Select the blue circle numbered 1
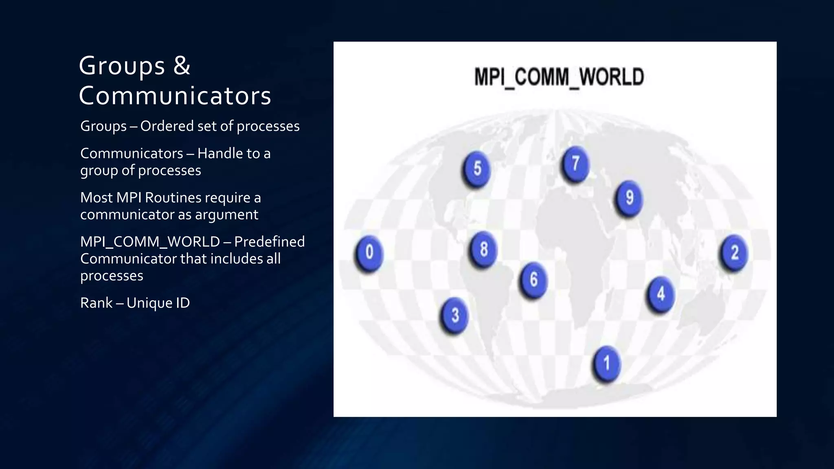[x=607, y=363]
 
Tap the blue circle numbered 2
[x=734, y=252]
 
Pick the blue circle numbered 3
[x=455, y=315]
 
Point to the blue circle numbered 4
[x=661, y=294]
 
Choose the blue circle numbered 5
[x=477, y=169]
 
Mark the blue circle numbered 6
[x=533, y=280]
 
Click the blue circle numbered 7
[x=575, y=164]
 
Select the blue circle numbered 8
[x=483, y=249]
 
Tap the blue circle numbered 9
[x=629, y=198]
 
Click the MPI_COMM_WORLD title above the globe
[x=559, y=77]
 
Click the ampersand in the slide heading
[x=182, y=65]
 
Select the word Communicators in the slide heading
[x=175, y=96]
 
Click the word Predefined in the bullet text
[x=269, y=242]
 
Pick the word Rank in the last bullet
[x=96, y=303]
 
